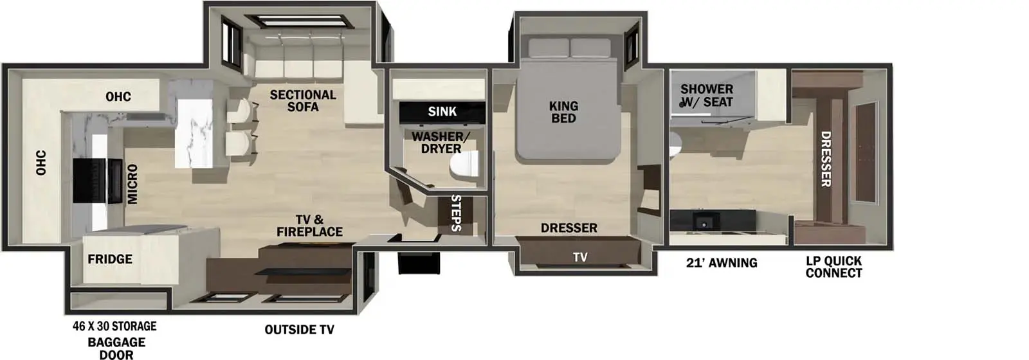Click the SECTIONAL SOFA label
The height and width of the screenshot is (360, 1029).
click(x=302, y=100)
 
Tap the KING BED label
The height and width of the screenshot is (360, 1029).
click(x=563, y=112)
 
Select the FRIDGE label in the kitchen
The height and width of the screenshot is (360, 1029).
click(x=110, y=259)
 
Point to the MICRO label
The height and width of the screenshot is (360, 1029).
click(x=132, y=184)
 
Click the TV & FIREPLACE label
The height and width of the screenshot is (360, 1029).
click(x=309, y=226)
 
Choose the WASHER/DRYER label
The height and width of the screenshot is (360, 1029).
click(x=437, y=142)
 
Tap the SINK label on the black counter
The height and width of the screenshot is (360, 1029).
click(x=442, y=112)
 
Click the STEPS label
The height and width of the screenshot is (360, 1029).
click(x=456, y=213)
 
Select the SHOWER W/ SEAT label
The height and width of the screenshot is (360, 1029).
click(x=706, y=95)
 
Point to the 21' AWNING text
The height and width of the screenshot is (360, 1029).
click(x=721, y=263)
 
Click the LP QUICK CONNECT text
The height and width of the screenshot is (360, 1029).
click(x=833, y=267)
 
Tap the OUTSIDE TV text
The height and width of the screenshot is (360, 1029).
click(x=299, y=330)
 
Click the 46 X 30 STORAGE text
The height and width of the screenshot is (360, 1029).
click(x=114, y=327)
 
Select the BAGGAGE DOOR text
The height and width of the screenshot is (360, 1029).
click(x=116, y=348)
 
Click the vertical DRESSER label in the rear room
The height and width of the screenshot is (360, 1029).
click(x=826, y=159)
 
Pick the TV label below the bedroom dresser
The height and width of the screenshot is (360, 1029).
click(x=580, y=257)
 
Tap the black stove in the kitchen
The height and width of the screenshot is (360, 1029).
click(x=96, y=179)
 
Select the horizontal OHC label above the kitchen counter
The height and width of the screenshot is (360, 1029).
click(x=118, y=97)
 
